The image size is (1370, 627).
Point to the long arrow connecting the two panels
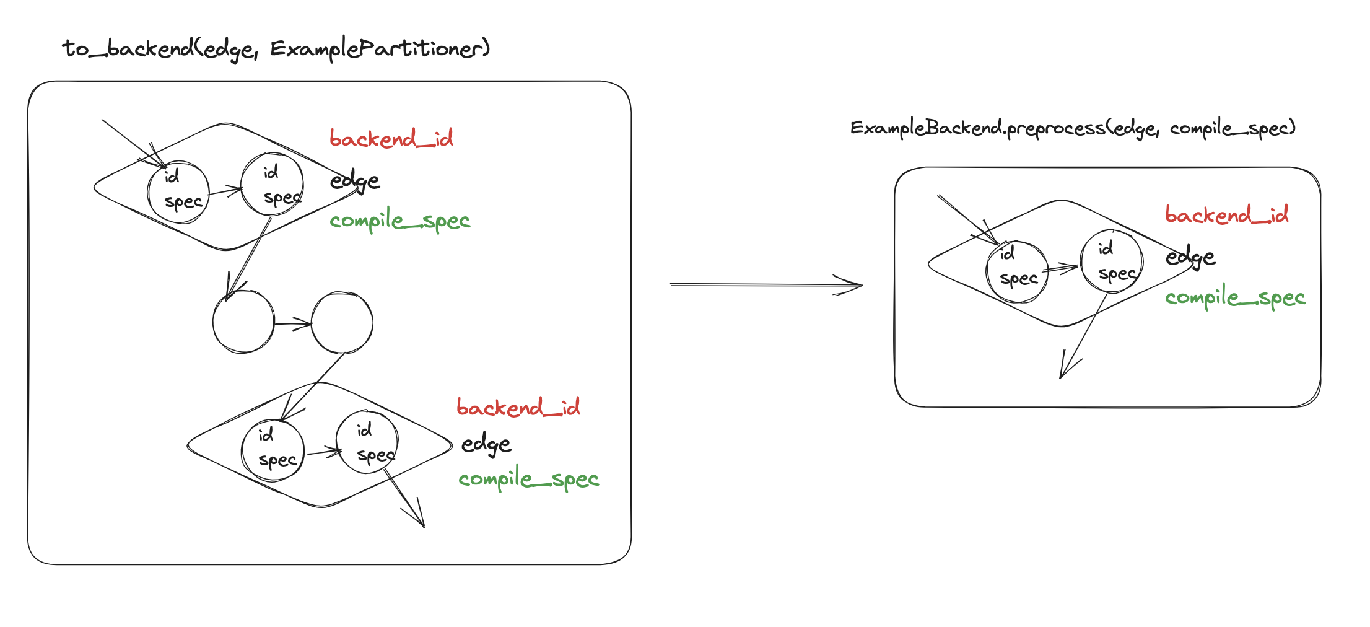point(766,285)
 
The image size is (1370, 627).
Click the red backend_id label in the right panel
point(1226,215)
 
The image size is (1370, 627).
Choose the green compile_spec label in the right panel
point(1235,298)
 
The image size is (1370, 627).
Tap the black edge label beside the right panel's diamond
point(1190,256)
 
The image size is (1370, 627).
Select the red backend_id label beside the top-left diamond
point(391,138)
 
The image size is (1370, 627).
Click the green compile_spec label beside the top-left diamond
point(399,221)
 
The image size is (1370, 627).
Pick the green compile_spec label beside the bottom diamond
point(528,479)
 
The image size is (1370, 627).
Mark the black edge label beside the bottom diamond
point(486,444)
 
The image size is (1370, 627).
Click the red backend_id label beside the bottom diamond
point(518,407)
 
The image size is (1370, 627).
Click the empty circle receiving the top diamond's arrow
point(243,322)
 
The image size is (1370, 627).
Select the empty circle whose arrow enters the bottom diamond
point(342,322)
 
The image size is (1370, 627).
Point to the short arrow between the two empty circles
point(292,323)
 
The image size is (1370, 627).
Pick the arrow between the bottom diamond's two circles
point(323,452)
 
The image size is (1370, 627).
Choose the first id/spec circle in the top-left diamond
point(178,191)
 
